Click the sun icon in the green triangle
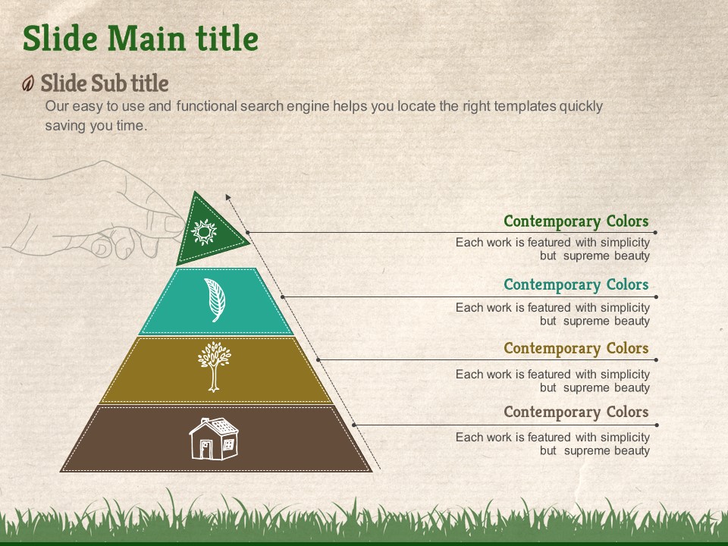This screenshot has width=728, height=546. click(204, 232)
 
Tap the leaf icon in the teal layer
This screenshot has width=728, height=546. click(215, 300)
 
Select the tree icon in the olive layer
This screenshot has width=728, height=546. click(214, 367)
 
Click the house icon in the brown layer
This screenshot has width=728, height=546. click(214, 439)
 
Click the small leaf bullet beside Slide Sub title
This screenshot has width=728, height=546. click(28, 83)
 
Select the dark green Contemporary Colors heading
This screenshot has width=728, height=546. click(576, 221)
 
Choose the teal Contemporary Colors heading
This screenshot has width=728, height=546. click(576, 284)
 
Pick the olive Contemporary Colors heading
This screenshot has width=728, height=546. click(576, 348)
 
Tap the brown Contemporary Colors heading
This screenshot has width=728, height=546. click(576, 412)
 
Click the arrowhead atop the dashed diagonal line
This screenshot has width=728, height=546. click(228, 197)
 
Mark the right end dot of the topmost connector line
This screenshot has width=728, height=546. click(655, 232)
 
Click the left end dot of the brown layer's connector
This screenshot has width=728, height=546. click(354, 425)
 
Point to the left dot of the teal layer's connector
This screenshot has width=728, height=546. click(282, 297)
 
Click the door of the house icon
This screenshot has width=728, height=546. click(206, 450)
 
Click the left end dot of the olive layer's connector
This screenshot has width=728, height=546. click(318, 359)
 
